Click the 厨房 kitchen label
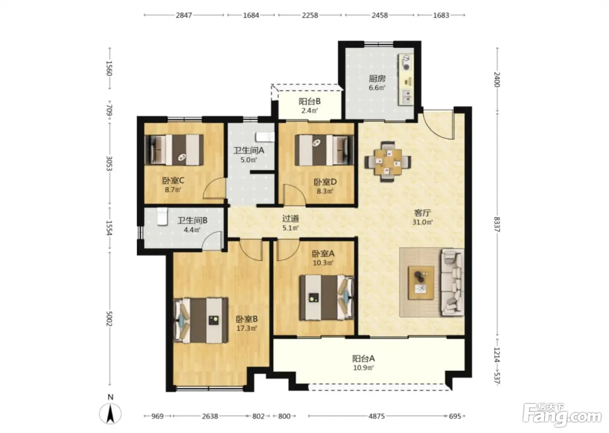[x=377, y=79]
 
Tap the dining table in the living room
[x=388, y=162]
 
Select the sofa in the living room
[x=452, y=282]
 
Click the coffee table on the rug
[x=421, y=283]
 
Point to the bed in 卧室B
[x=201, y=320]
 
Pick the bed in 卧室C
[x=174, y=150]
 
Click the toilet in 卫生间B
[x=162, y=216]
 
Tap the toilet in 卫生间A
[x=265, y=137]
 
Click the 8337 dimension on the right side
[x=497, y=224]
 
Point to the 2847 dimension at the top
[x=184, y=15]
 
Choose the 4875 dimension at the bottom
[x=376, y=416]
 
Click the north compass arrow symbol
[x=110, y=413]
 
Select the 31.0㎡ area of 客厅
[x=422, y=222]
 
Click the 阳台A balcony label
[x=364, y=359]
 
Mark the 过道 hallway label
[x=291, y=218]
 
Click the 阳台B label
[x=309, y=101]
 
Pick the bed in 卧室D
[x=325, y=150]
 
